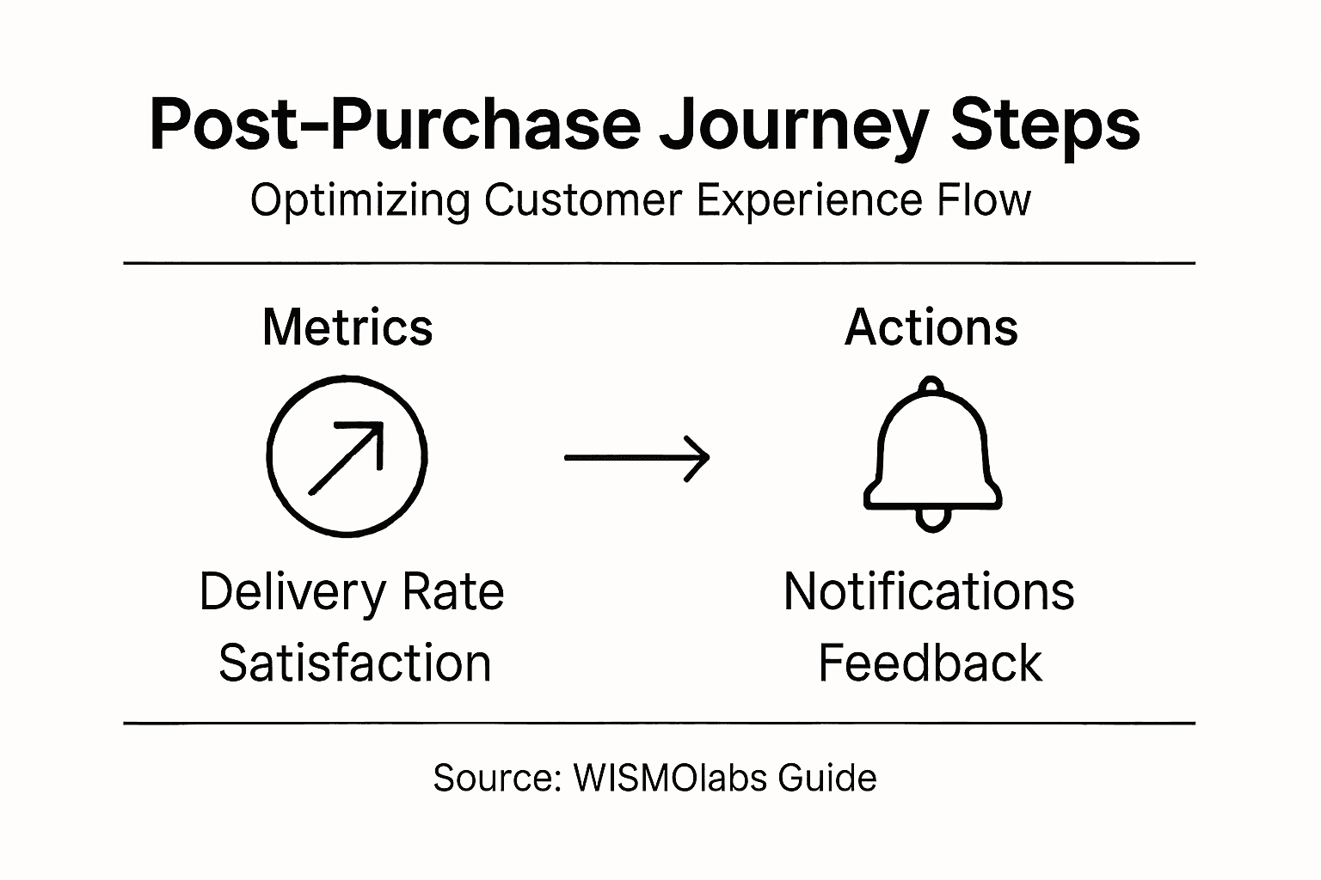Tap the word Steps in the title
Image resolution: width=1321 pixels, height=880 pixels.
[1045, 126]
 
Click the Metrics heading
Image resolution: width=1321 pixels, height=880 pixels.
[347, 327]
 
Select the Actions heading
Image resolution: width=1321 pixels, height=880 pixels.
[931, 327]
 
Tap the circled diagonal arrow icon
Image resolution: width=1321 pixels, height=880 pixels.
[347, 457]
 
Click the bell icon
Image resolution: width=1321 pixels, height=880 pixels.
[932, 451]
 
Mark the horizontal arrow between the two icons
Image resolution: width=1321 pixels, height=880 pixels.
[636, 458]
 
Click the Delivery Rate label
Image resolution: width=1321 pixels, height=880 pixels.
[352, 592]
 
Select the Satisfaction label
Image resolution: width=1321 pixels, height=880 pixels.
[355, 663]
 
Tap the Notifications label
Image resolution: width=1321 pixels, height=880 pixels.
[929, 592]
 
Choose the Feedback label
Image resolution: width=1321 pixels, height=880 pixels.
[930, 663]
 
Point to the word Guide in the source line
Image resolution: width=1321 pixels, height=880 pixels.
[827, 778]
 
